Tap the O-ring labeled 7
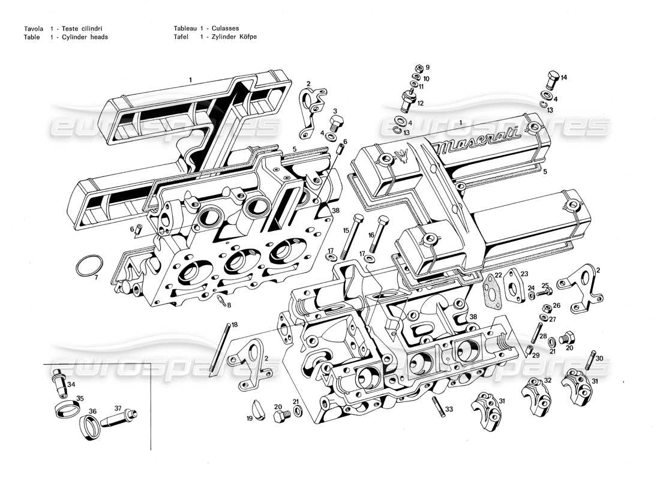tap(90, 265)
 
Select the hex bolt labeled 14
tap(553, 80)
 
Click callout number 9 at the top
tap(427, 67)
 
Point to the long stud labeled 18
tap(220, 350)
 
